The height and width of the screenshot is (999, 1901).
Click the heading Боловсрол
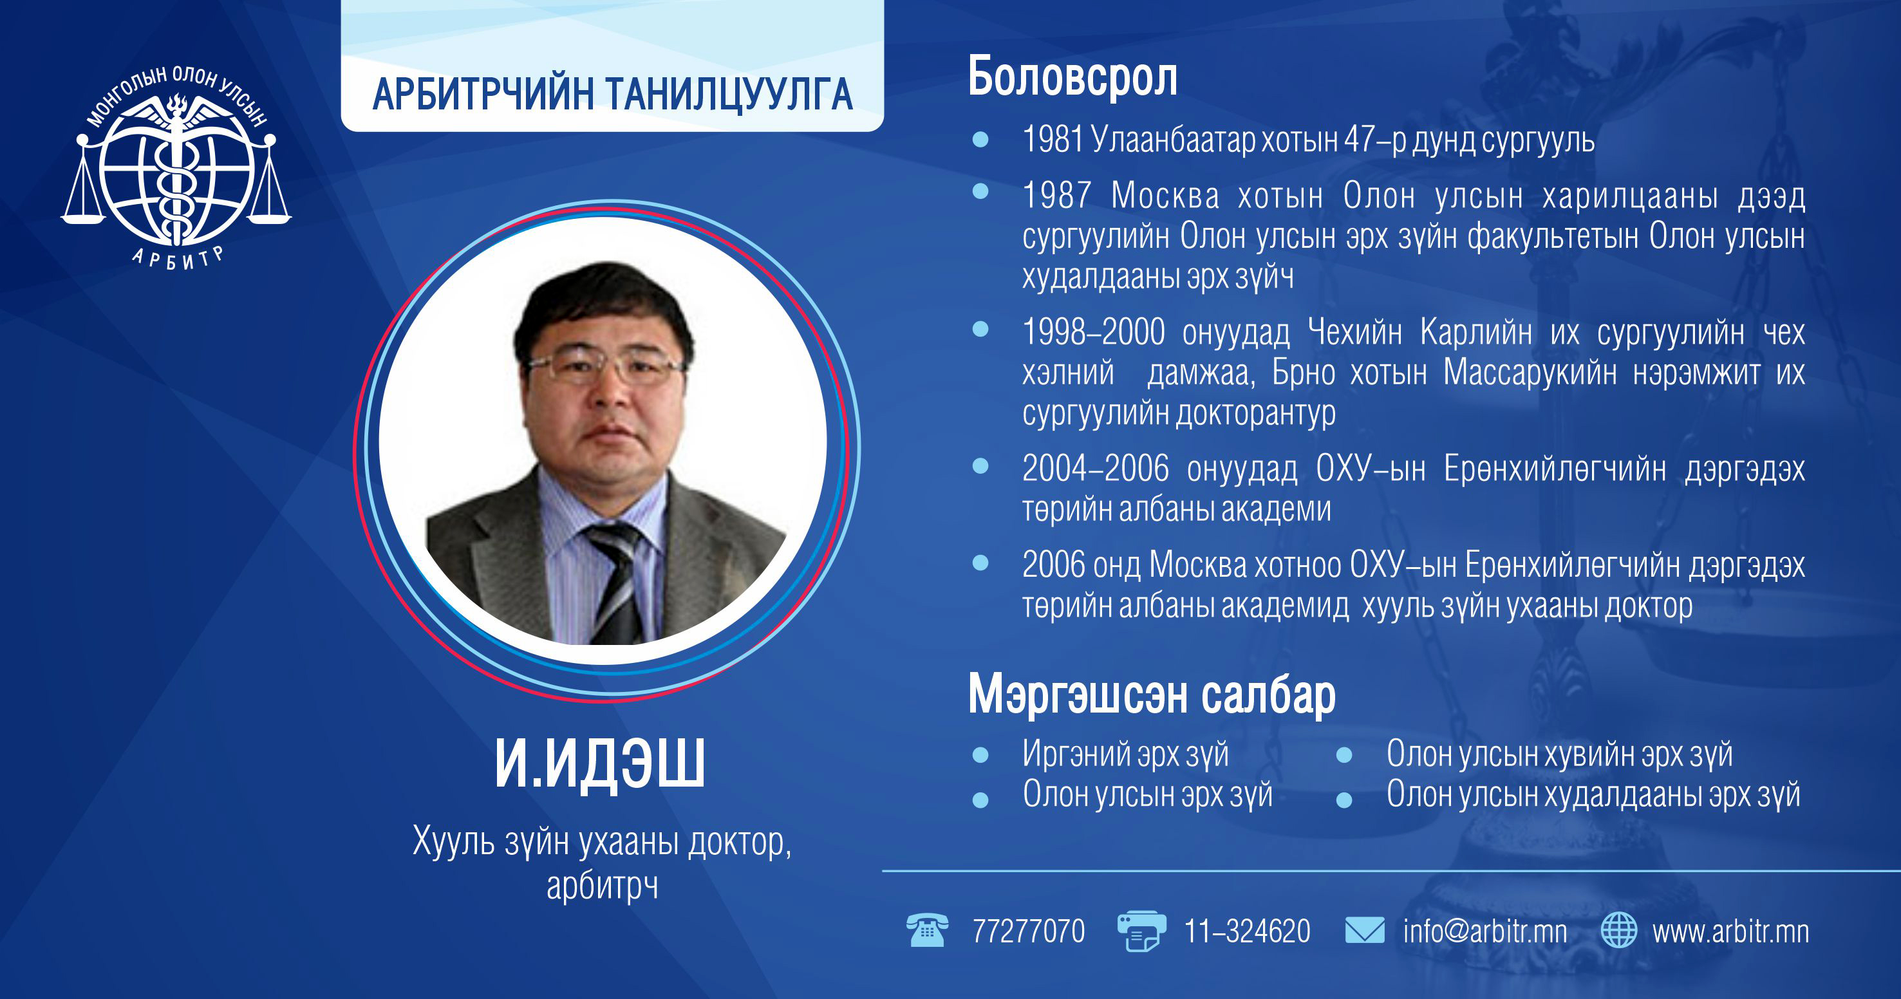pos(1072,77)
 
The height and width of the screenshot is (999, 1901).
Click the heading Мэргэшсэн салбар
pos(1152,695)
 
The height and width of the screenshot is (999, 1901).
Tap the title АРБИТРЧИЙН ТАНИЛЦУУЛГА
pos(612,95)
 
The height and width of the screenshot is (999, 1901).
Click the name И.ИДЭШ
pos(600,764)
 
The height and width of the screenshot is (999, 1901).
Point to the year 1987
pos(1056,196)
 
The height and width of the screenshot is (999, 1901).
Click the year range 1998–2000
pos(1094,332)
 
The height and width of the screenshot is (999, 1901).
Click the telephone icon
pos(927,929)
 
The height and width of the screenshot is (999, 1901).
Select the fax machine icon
pos(1141,931)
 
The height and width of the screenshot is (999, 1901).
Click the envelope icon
pos(1365,930)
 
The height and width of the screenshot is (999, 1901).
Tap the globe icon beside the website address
pos(1619,929)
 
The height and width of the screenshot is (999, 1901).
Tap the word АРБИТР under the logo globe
pos(178,257)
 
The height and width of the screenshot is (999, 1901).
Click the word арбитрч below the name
pos(602,885)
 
